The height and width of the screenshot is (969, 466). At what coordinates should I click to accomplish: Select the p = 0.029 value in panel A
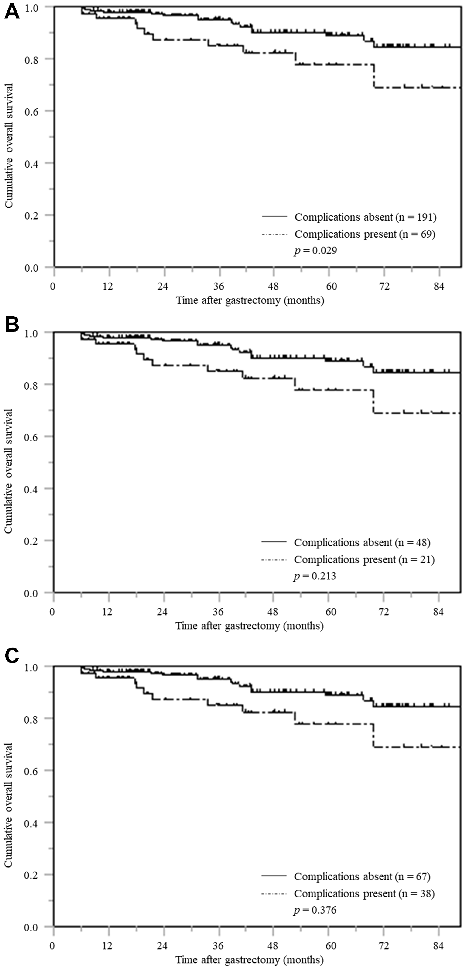[x=315, y=251]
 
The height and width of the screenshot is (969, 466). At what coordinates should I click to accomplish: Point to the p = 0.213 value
[x=314, y=576]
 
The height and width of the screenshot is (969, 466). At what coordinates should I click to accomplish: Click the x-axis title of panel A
[x=250, y=300]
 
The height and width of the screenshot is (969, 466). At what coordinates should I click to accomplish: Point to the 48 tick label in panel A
[x=274, y=287]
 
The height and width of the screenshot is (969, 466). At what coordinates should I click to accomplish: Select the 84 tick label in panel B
[x=438, y=612]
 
